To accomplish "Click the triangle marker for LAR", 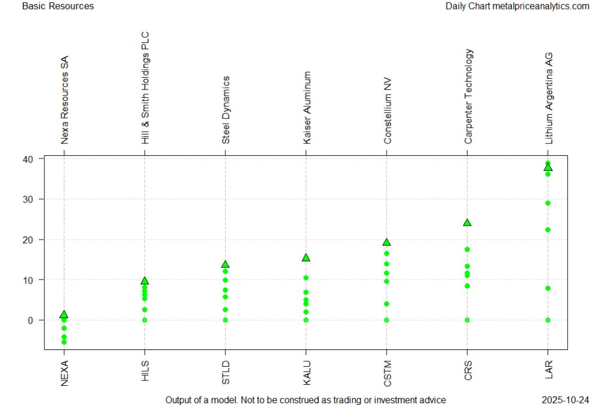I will click(x=548, y=167).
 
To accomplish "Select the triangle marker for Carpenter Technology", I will click(x=467, y=222).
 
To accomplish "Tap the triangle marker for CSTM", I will click(x=387, y=242).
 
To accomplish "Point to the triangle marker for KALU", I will click(x=306, y=257).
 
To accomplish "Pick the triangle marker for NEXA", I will click(x=64, y=314).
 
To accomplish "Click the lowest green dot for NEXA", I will click(x=64, y=342).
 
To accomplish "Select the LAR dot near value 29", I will click(x=548, y=203).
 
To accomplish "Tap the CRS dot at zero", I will click(x=467, y=320).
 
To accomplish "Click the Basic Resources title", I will click(x=58, y=6).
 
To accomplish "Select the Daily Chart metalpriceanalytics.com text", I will click(x=517, y=6).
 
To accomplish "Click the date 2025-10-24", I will click(x=565, y=400).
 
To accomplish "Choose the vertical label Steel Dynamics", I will click(x=225, y=110).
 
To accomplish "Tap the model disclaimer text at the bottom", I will click(x=305, y=400).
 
